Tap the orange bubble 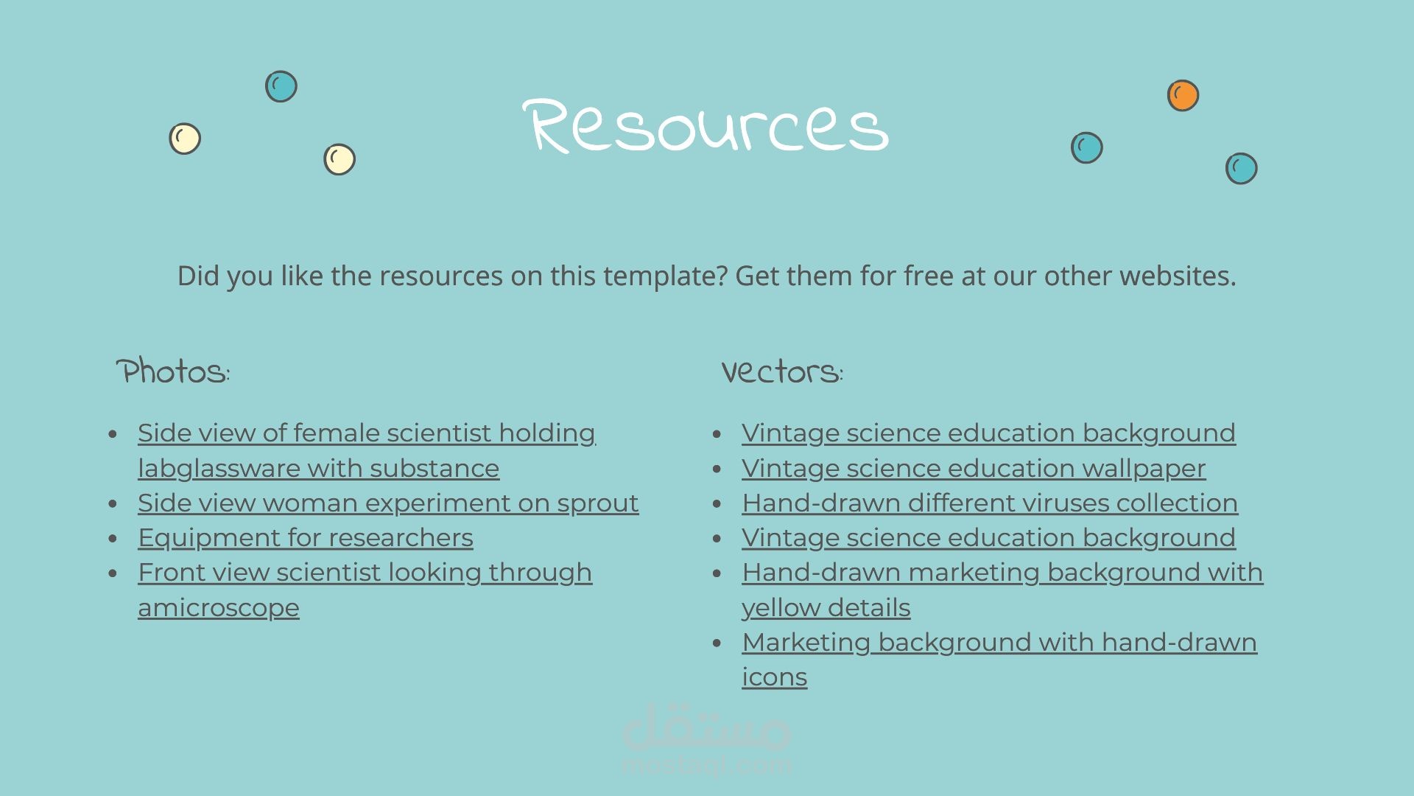[1183, 96]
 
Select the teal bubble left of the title [281, 86]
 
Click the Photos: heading [173, 371]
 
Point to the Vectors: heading [782, 372]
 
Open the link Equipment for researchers [306, 538]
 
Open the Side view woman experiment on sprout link [388, 503]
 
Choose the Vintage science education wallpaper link [974, 469]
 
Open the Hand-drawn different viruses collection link [990, 503]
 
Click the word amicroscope [219, 608]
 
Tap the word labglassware [219, 469]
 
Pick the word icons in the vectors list [775, 677]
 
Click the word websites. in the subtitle [1178, 276]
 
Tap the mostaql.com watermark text [707, 765]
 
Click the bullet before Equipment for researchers [113, 539]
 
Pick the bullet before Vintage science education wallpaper [717, 469]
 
